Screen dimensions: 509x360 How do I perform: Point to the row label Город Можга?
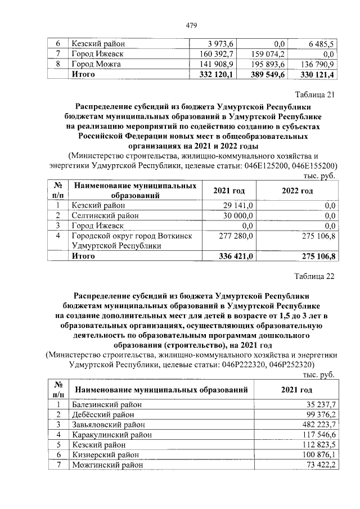click(96, 64)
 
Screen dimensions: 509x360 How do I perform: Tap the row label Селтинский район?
click(103, 215)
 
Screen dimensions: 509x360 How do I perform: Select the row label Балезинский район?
click(107, 404)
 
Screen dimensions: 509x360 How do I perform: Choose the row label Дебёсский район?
click(101, 415)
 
